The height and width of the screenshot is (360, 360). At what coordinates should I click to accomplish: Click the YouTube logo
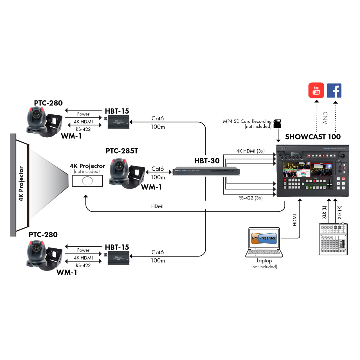pos(316,90)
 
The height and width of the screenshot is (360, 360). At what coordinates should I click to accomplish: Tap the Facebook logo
pos(334,91)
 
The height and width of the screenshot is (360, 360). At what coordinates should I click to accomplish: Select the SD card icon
pos(277,123)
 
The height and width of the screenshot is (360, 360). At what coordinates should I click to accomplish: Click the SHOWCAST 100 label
pos(313,137)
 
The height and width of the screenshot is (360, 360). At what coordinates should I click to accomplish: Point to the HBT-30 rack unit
pos(206,171)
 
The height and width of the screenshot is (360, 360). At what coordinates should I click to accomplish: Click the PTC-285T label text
pos(121,151)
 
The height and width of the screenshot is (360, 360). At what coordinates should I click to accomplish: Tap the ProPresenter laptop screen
pos(264,238)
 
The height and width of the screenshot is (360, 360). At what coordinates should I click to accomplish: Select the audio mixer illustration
pos(333,239)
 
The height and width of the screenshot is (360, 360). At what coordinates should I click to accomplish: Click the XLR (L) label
pos(324,212)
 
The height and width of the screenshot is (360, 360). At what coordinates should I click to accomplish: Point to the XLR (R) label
pos(339,212)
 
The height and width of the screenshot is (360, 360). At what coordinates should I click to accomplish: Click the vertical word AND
pos(325,118)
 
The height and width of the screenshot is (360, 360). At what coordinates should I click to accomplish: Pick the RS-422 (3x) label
pos(250,198)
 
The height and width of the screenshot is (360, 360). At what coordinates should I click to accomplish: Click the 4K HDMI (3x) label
pos(250,151)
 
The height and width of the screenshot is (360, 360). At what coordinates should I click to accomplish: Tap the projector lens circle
pos(87,181)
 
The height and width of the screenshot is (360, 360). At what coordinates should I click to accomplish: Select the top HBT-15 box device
pos(118,122)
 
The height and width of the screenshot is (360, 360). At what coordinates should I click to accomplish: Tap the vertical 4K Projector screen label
pos(21,184)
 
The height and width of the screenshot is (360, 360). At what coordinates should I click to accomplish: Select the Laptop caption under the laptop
pos(264,261)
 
